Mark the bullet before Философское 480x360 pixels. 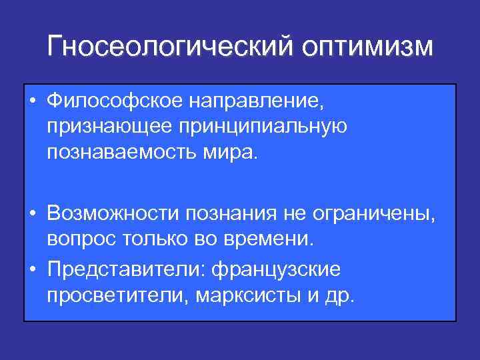33,103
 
